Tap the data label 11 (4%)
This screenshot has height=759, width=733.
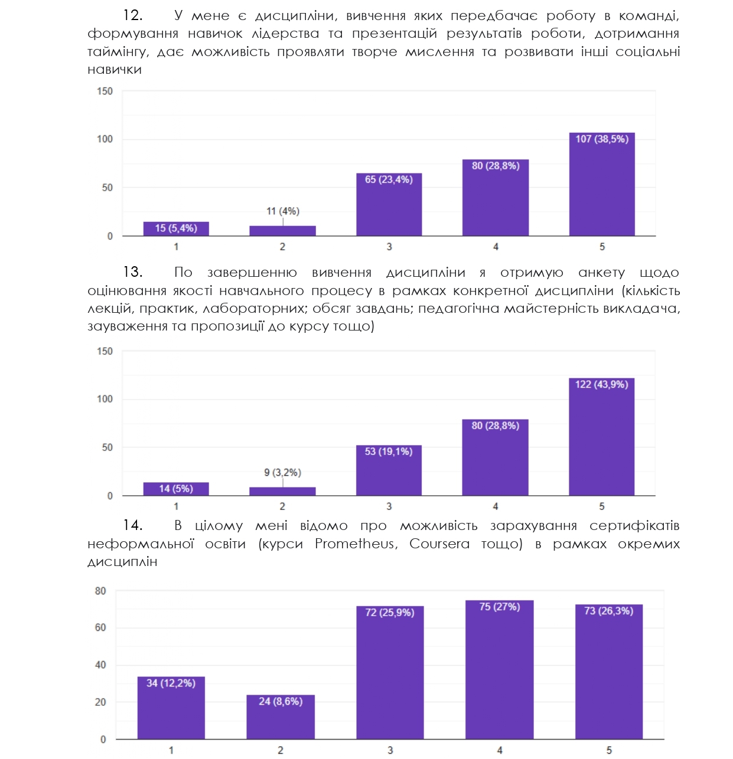pyautogui.click(x=283, y=211)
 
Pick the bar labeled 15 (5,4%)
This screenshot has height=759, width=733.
pyautogui.click(x=176, y=229)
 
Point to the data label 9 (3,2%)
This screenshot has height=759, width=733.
pyautogui.click(x=282, y=473)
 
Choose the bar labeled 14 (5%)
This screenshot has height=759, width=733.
pyautogui.click(x=176, y=489)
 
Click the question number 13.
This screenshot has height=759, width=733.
pyautogui.click(x=133, y=272)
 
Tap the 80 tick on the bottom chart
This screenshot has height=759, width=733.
pyautogui.click(x=100, y=591)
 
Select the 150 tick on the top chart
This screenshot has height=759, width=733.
pyautogui.click(x=105, y=91)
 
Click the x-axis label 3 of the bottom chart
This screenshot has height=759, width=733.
pyautogui.click(x=390, y=750)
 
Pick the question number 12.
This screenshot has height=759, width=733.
pyautogui.click(x=133, y=15)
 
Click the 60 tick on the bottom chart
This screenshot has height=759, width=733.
pyautogui.click(x=100, y=627)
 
